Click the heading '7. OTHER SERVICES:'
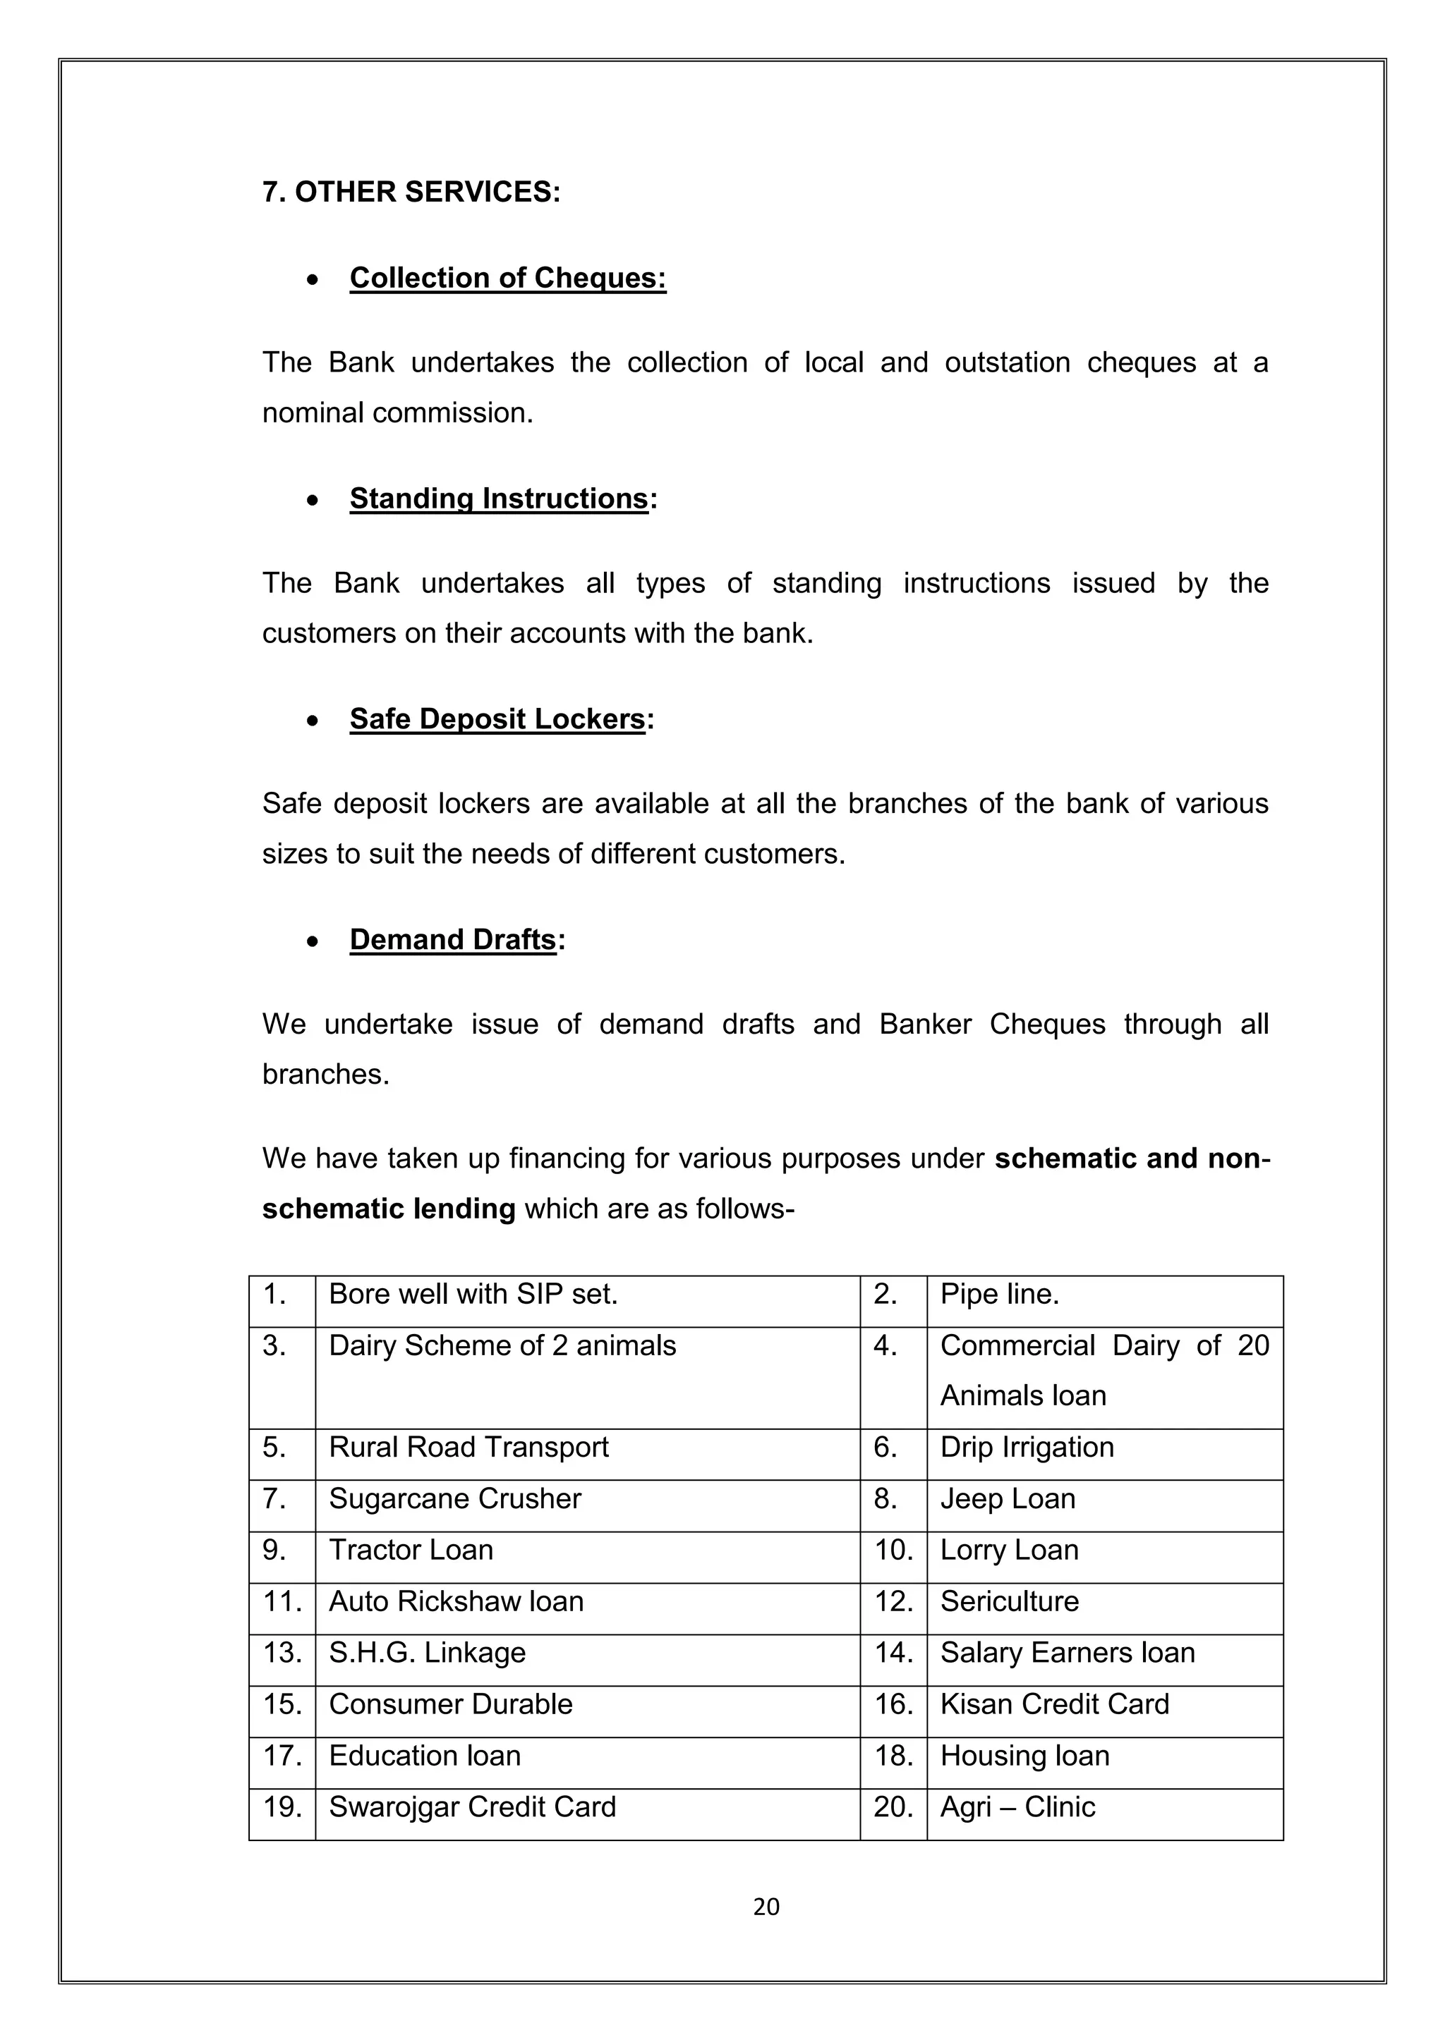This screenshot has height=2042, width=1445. click(x=411, y=192)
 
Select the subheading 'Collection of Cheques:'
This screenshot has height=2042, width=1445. click(x=507, y=279)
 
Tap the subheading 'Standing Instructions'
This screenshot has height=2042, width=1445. click(x=498, y=499)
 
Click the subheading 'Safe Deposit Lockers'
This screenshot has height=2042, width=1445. click(x=497, y=719)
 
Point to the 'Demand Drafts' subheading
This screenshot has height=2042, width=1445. click(x=452, y=940)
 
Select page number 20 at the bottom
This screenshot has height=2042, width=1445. click(x=766, y=1907)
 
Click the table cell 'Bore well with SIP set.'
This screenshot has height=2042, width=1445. click(x=473, y=1294)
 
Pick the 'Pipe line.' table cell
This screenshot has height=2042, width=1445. click(x=999, y=1294)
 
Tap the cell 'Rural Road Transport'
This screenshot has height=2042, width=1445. click(x=469, y=1447)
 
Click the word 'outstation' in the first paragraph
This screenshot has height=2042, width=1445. click(x=1008, y=363)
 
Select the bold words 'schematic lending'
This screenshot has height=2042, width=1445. click(x=389, y=1209)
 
